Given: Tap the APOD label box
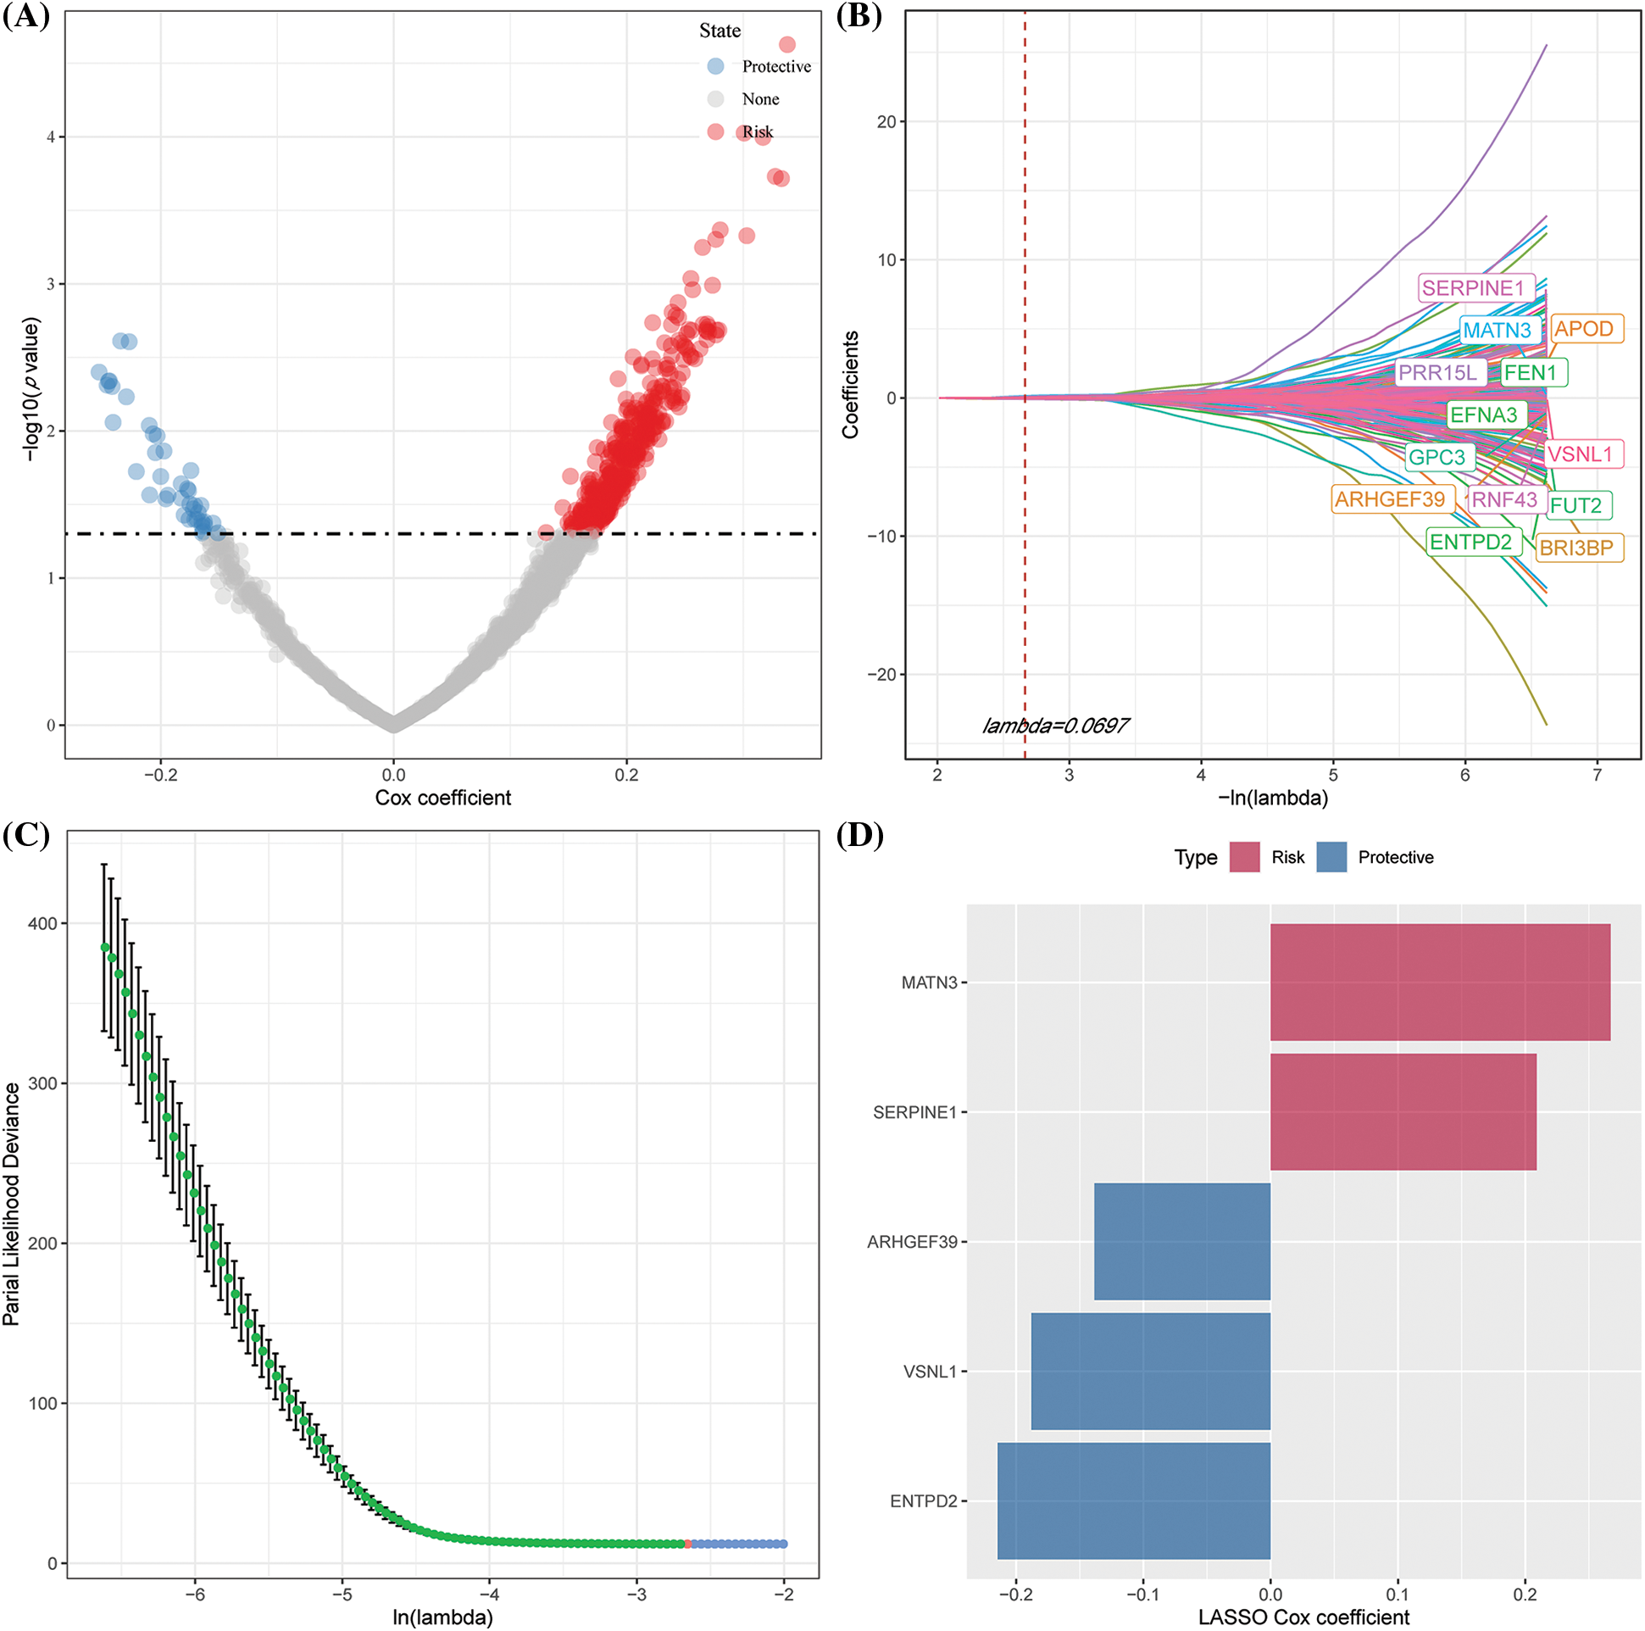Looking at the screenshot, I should click(1584, 329).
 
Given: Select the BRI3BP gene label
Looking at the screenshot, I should click(1576, 548).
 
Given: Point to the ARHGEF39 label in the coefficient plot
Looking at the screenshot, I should click(1390, 499).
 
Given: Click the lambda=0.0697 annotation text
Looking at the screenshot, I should click(1055, 726).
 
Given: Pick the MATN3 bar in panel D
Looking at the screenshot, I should click(1439, 982).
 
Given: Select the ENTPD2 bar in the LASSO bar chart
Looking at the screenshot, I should click(1133, 1500).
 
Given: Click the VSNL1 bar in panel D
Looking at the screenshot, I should click(1149, 1372).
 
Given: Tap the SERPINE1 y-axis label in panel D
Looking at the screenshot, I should click(914, 1112).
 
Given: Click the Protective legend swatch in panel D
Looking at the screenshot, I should click(1331, 858).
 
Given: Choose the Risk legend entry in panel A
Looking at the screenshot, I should click(757, 132).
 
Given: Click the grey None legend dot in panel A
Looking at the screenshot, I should click(715, 99).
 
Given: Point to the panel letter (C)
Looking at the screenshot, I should click(25, 836).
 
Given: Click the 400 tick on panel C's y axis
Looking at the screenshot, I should click(42, 923).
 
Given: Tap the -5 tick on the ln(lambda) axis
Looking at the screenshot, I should click(342, 1594).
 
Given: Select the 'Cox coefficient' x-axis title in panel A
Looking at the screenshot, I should click(442, 798).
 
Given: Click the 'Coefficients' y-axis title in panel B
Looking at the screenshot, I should click(850, 385).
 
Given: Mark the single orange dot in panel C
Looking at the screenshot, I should click(688, 1545).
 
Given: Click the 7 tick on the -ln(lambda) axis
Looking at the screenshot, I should click(1597, 775).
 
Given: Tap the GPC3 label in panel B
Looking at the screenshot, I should click(1437, 458).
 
